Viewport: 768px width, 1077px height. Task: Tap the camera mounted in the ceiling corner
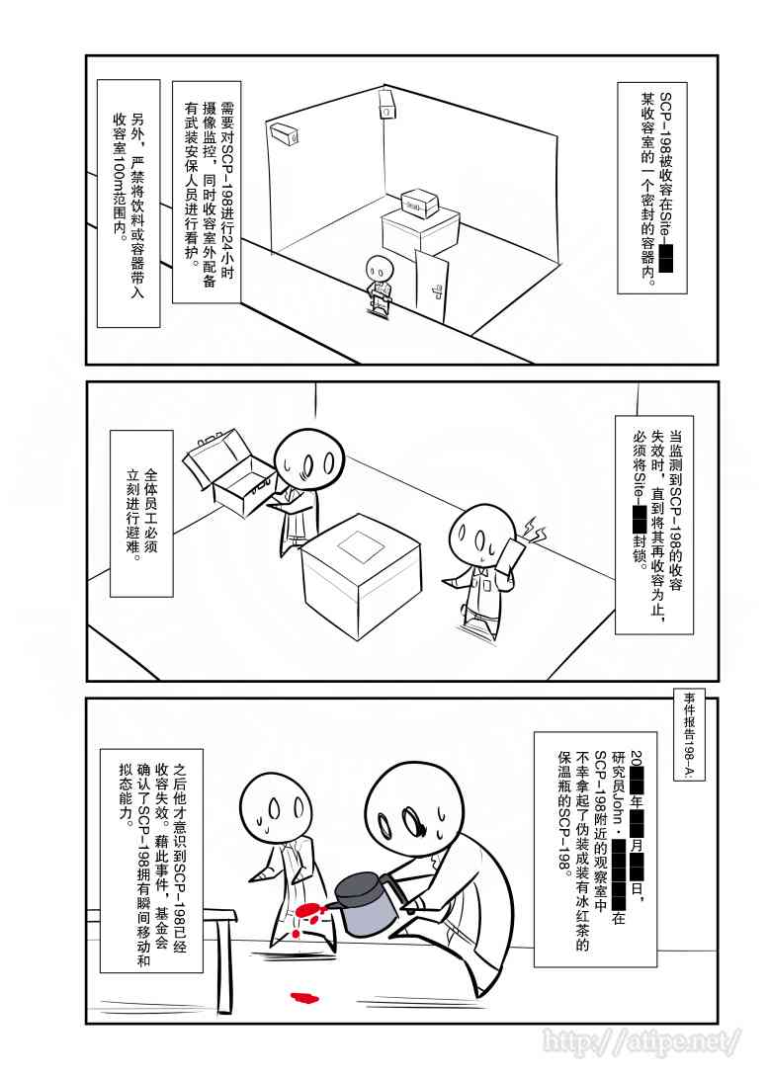tap(385, 103)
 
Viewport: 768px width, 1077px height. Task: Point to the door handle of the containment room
tap(436, 290)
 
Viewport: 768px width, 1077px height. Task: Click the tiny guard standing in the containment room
tap(378, 285)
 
